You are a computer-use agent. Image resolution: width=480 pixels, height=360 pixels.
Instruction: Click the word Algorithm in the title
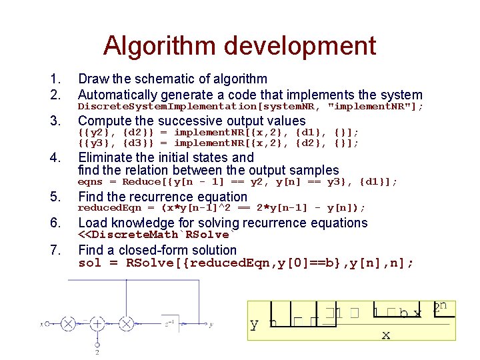click(161, 47)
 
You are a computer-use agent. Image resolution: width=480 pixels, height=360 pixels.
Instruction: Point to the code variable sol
click(89, 263)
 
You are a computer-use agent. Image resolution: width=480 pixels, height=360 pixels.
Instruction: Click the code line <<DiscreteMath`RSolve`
click(154, 235)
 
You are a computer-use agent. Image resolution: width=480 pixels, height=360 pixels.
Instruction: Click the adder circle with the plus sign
click(97, 325)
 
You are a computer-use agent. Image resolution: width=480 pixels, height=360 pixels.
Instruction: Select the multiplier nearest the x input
click(67, 325)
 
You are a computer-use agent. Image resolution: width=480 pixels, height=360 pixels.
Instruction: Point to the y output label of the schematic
click(211, 325)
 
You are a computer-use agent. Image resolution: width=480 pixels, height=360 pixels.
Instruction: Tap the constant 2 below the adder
click(97, 351)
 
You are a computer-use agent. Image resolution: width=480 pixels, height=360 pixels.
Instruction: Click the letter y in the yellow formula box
click(254, 325)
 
